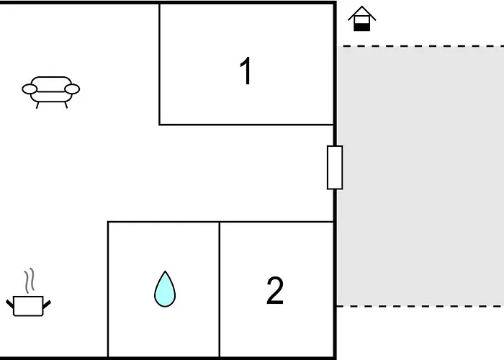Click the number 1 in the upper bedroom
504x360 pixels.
click(246, 71)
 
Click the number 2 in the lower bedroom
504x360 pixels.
click(275, 291)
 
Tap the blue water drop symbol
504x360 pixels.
click(165, 289)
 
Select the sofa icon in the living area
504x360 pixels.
click(51, 92)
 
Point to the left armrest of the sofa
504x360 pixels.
click(30, 89)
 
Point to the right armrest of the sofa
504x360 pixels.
click(72, 89)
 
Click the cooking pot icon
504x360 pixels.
click(28, 306)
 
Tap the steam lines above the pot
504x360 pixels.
click(29, 280)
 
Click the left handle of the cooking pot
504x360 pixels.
click(10, 304)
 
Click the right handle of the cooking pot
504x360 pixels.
click(47, 304)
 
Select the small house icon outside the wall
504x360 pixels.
click(362, 18)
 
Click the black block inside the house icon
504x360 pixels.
click(362, 27)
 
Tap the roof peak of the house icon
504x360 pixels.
click(362, 6)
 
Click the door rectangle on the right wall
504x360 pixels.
click(335, 168)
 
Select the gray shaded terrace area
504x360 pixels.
click(420, 176)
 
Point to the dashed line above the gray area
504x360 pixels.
click(420, 46)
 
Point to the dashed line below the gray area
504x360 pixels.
click(420, 306)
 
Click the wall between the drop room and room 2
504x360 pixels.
click(220, 289)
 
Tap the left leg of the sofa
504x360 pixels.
click(37, 105)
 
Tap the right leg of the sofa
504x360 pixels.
click(66, 105)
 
